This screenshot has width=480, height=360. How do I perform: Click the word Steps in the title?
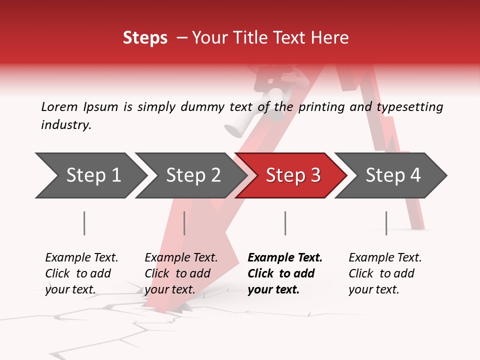coord(145,38)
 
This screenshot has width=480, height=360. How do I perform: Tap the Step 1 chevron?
coord(93,175)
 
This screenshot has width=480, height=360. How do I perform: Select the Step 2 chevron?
coord(193,175)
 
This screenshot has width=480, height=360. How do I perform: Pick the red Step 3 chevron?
coord(293,175)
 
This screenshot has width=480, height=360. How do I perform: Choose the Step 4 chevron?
coord(393,175)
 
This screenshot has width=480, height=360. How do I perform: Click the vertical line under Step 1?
coord(84,223)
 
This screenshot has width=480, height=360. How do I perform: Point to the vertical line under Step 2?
coord(184,223)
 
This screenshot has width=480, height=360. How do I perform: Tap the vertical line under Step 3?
coord(285,223)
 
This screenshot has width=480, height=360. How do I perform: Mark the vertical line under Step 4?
coord(386,223)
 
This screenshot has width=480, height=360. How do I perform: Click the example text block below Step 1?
coord(81,273)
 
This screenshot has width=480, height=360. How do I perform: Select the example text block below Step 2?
coord(181,273)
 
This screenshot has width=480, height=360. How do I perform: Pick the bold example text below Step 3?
coord(285,273)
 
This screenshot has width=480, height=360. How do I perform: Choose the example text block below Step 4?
coord(385,273)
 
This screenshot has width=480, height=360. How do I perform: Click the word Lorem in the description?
coord(59,106)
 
